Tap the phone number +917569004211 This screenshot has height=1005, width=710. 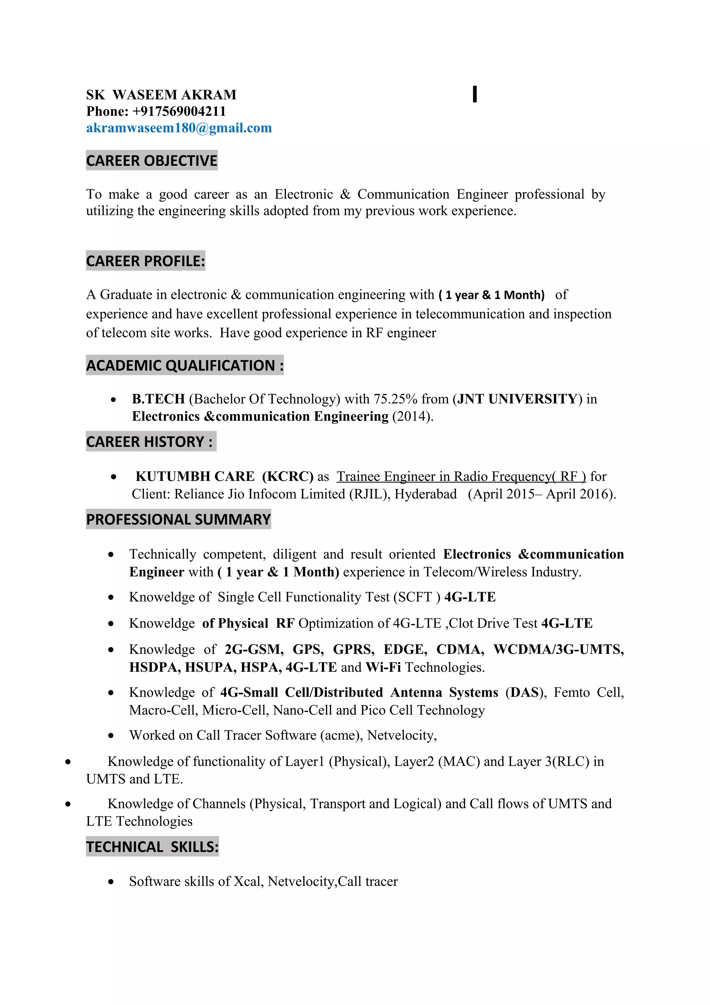point(179,112)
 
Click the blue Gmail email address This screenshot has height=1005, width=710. point(179,128)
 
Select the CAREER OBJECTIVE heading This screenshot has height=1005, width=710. point(151,161)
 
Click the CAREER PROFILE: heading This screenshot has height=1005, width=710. point(145,261)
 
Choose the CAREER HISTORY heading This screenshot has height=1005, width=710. point(150,442)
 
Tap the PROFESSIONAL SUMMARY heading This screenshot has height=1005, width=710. point(178,519)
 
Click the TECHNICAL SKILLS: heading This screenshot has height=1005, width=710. point(152,847)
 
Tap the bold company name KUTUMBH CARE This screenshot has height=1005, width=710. point(195,476)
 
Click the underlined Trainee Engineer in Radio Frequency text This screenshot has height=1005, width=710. point(461,476)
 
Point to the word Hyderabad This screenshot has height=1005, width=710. point(425,494)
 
